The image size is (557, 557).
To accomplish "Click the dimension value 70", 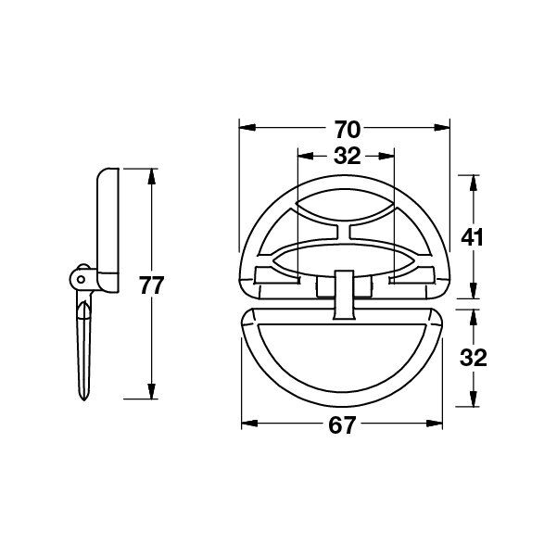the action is click(347, 130).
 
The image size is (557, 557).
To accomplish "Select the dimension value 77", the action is click(151, 285).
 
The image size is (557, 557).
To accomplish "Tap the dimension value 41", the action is click(472, 237).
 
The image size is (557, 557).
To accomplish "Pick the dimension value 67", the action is click(341, 425).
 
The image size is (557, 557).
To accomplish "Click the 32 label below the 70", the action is click(347, 156).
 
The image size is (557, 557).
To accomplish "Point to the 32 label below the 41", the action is click(473, 358).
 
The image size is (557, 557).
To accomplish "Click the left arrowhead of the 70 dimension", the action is click(247, 128).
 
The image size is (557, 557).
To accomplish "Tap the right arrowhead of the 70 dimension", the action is click(441, 128).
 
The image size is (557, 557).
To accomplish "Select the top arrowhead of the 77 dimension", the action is click(152, 176).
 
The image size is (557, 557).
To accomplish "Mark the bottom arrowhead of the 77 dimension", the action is click(152, 391).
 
